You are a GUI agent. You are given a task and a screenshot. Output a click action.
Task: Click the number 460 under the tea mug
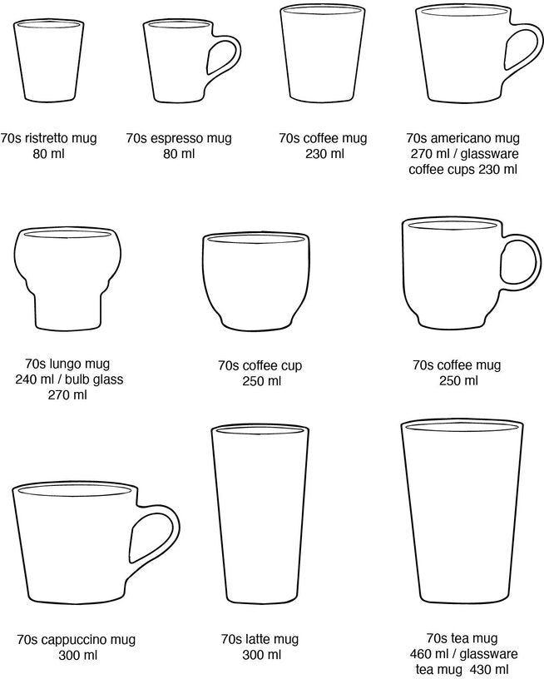(421, 653)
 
